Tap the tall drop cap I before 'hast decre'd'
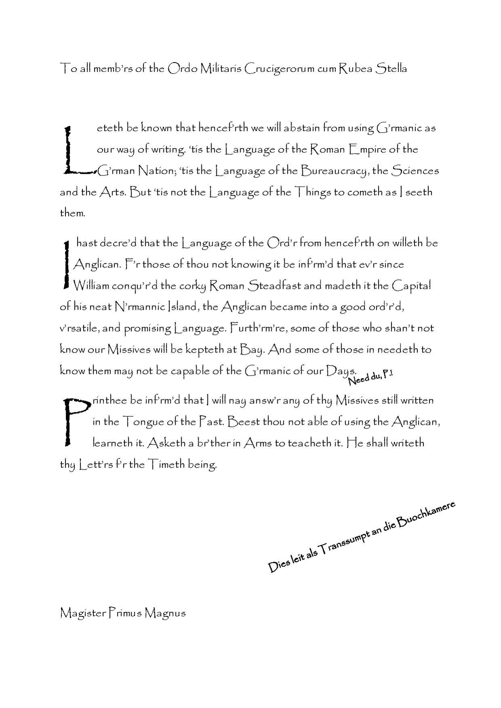coord(66,265)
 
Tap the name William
coord(91,286)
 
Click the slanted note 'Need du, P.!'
coord(370,377)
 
